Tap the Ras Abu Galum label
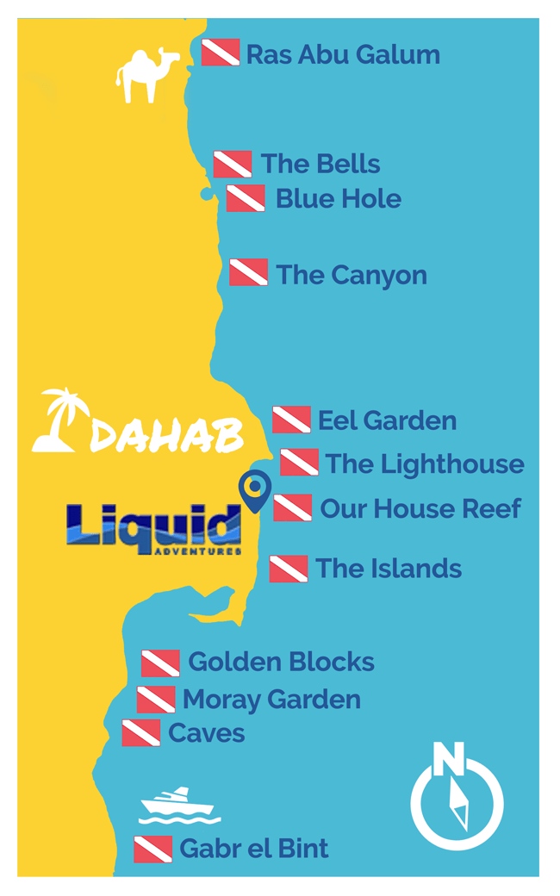[x=342, y=55]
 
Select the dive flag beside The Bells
[x=233, y=164]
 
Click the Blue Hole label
[x=338, y=199]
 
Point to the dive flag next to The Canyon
[x=248, y=272]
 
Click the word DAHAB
[x=165, y=436]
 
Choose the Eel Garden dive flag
[x=291, y=420]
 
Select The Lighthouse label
[x=424, y=464]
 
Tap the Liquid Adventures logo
[x=153, y=527]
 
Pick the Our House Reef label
[x=420, y=508]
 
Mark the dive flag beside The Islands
[x=289, y=569]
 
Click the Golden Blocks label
[x=281, y=662]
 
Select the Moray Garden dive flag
[x=156, y=700]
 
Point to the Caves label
[x=207, y=733]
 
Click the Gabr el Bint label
[x=253, y=849]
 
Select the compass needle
[x=460, y=805]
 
